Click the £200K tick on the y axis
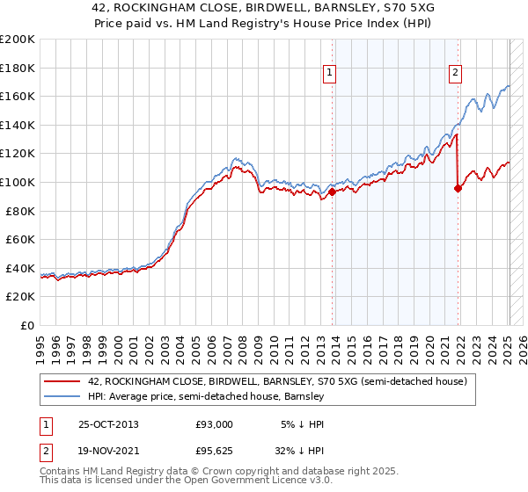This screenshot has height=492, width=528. point(18,40)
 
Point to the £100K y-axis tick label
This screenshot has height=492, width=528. point(18,182)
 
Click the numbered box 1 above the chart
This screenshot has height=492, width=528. point(329,74)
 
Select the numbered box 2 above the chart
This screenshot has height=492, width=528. point(456,74)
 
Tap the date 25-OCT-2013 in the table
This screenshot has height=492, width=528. point(107,423)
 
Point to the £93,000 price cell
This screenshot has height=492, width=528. point(214,423)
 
